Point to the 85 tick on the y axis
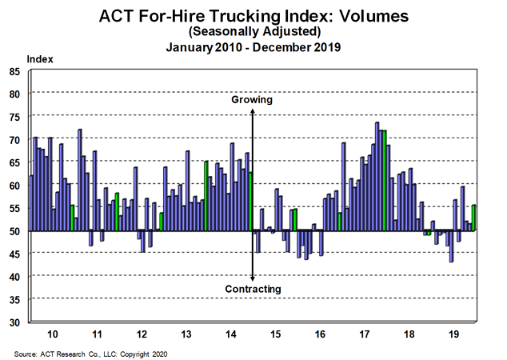click(14, 71)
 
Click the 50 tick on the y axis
click(14, 231)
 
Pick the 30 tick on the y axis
click(14, 322)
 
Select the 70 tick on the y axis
click(14, 140)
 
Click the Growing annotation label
click(252, 101)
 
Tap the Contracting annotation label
click(253, 288)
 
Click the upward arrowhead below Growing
click(253, 112)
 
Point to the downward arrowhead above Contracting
click(253, 277)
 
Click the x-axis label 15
click(276, 333)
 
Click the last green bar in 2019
click(474, 218)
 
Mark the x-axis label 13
click(186, 333)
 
